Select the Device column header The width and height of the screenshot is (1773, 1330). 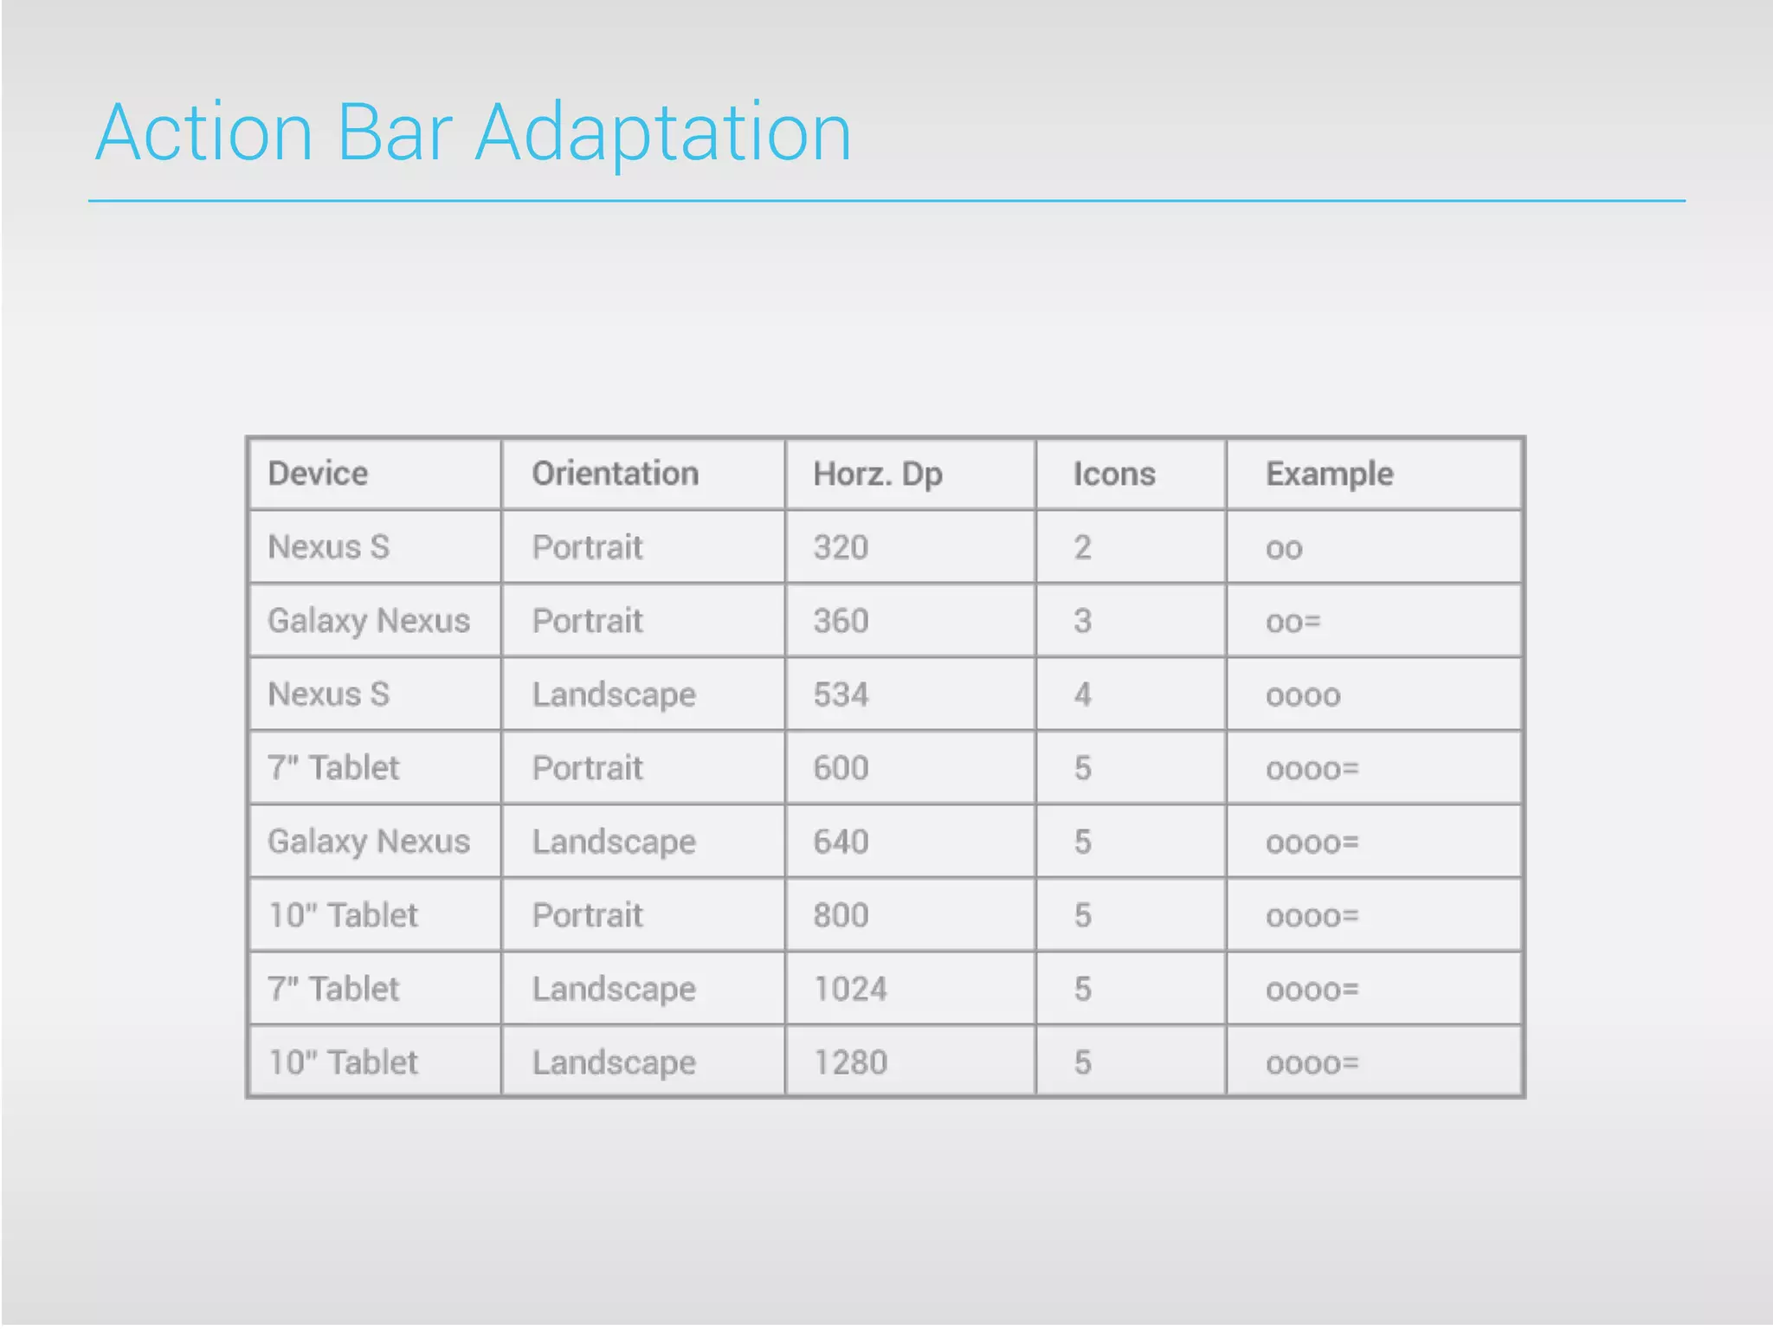point(318,474)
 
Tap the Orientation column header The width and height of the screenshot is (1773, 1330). point(615,474)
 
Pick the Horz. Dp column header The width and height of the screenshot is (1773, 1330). point(877,475)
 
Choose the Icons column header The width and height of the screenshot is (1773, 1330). point(1114,474)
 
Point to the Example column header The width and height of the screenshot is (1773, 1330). point(1329,474)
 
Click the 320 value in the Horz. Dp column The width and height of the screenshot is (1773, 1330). point(841,547)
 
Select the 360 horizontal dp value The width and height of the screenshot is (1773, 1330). point(841,621)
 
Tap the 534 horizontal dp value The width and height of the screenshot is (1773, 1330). point(841,694)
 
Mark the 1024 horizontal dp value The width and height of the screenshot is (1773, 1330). point(850,989)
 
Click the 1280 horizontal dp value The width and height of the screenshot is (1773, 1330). point(850,1062)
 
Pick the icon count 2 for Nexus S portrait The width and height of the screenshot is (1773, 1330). point(1082,547)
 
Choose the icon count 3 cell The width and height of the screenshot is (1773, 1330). point(1082,621)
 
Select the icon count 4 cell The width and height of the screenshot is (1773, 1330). point(1082,694)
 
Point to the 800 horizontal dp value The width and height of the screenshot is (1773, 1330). point(841,915)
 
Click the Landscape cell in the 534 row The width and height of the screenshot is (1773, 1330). point(614,694)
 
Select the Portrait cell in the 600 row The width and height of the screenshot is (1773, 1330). point(587,768)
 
